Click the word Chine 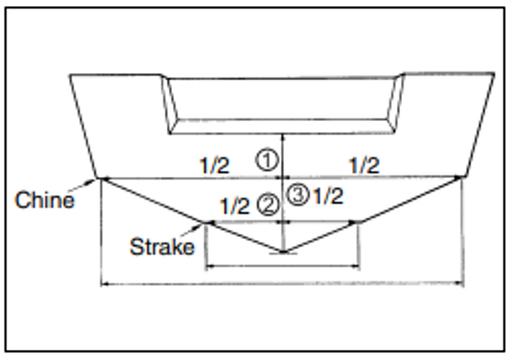[x=44, y=201]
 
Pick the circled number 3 [x=297, y=195]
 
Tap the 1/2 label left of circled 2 [x=234, y=205]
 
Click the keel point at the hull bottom [x=284, y=251]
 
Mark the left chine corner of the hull [x=102, y=178]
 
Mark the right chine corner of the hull [x=462, y=177]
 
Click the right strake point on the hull [x=359, y=222]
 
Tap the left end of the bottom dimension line [x=102, y=283]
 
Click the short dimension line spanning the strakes [x=284, y=267]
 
